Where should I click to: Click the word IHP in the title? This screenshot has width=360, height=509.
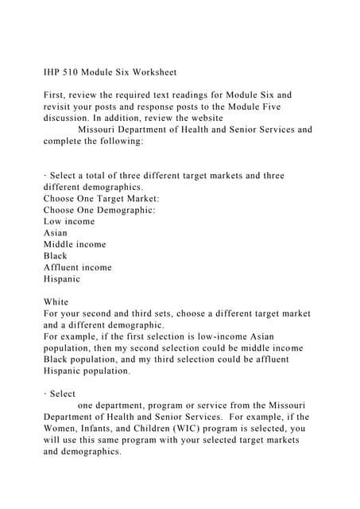[52, 72]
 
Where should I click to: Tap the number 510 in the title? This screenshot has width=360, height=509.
[77, 72]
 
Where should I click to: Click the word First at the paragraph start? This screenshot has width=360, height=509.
[56, 95]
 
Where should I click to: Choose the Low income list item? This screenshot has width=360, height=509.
[69, 221]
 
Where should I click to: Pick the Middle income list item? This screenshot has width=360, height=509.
[75, 244]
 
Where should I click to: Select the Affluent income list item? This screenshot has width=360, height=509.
[78, 267]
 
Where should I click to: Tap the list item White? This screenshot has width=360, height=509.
[56, 302]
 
